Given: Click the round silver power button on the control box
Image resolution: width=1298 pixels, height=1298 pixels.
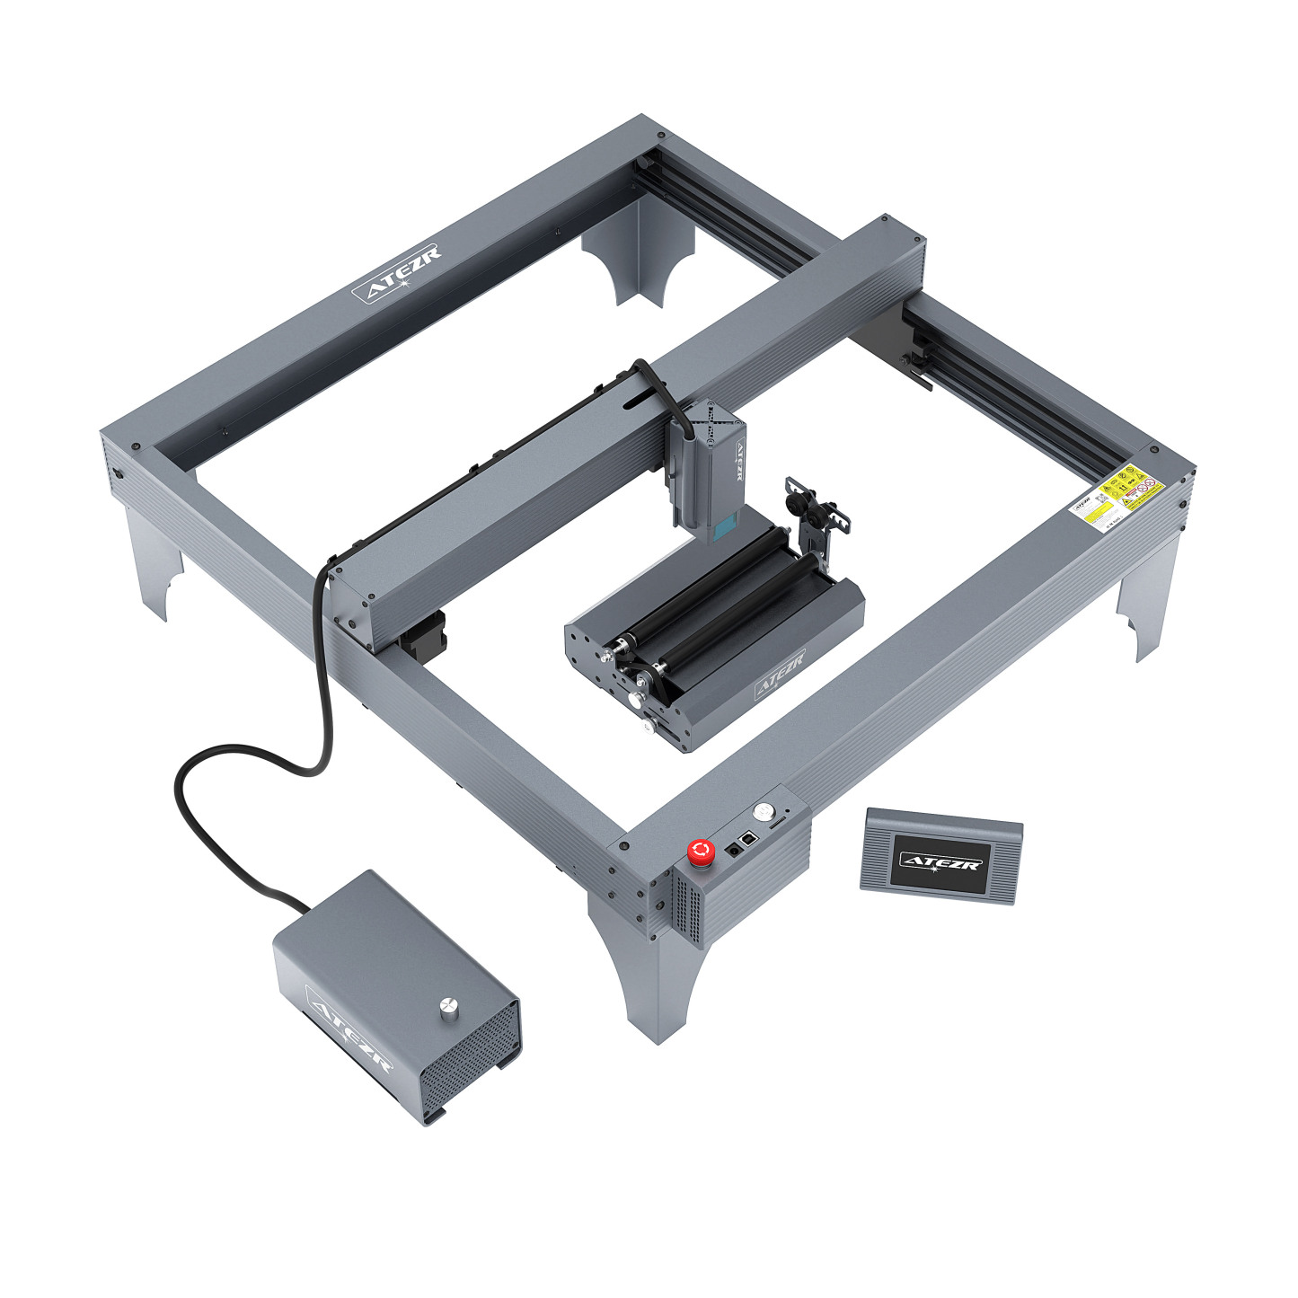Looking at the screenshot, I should pyautogui.click(x=764, y=810).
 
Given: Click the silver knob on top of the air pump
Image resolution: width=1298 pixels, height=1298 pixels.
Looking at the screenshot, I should pyautogui.click(x=446, y=1010).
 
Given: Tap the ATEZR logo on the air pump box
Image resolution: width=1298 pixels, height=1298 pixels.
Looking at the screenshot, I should pyautogui.click(x=349, y=1029).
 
